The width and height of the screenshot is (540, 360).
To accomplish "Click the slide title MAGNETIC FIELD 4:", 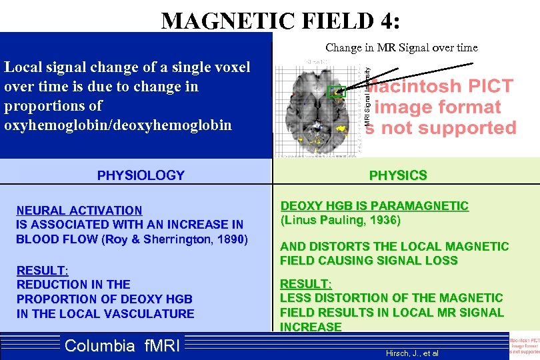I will tap(281, 21).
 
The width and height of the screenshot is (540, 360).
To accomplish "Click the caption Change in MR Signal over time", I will tap(401, 47).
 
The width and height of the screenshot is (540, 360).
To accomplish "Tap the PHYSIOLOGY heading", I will tap(141, 175).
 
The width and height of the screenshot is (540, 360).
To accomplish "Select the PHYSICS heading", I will tap(398, 175).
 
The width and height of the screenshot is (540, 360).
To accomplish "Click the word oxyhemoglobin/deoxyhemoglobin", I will tap(118, 125).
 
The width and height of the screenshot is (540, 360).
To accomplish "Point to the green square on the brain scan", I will tap(337, 91).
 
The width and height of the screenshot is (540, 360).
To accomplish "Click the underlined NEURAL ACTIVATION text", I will tap(79, 211).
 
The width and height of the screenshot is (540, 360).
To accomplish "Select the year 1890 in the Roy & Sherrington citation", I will tap(231, 239).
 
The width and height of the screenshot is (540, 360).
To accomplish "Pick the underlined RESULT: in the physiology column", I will tap(42, 270).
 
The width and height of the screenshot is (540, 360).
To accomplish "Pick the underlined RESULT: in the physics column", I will tap(306, 283).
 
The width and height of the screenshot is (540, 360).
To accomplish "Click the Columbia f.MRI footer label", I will tap(122, 345).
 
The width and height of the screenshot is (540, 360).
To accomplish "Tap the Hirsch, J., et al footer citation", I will tap(412, 353).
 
